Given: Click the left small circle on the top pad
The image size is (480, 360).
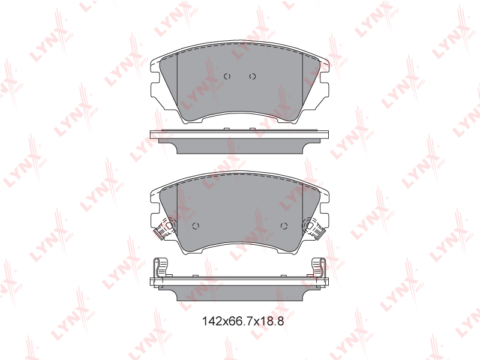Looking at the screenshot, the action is pos(227,76).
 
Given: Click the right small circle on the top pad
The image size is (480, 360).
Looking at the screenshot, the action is pos(252,76).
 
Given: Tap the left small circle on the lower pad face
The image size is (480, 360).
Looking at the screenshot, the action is pos(196,226).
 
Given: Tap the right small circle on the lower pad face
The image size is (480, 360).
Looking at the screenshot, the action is pos(284,226).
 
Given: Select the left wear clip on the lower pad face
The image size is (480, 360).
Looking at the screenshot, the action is pos(164,228).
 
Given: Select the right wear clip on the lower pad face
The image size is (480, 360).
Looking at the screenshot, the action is pos(313,228).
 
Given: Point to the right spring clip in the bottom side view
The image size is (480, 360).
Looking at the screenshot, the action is pos(319,267).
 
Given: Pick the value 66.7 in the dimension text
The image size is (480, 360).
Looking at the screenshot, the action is pos(239,321).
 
